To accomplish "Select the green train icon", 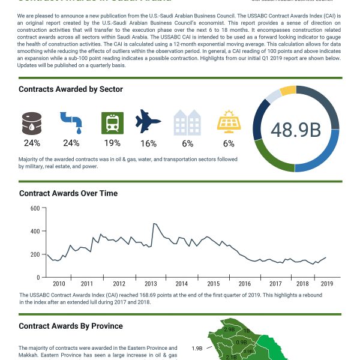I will (x=112, y=122).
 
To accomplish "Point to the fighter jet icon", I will (x=149, y=122).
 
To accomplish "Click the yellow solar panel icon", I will (x=229, y=122).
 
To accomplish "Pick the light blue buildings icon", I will (x=188, y=122).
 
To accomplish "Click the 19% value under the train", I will (x=112, y=143).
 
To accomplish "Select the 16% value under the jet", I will (x=149, y=143).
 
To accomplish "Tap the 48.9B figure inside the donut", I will (x=296, y=130).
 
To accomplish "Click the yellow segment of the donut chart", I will (x=288, y=91).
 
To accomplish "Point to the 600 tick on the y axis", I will (x=35, y=208).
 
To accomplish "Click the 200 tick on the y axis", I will (x=35, y=254).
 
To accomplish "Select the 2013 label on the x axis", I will (x=151, y=283).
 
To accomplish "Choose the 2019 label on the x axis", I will (x=327, y=283).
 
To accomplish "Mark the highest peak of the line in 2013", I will (x=154, y=224).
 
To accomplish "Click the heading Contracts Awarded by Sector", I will (x=71, y=89).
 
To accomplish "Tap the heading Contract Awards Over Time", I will (x=68, y=193).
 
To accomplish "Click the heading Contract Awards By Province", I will (x=71, y=326).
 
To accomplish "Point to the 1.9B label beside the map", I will (x=197, y=348).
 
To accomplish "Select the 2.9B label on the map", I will (x=229, y=329).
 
